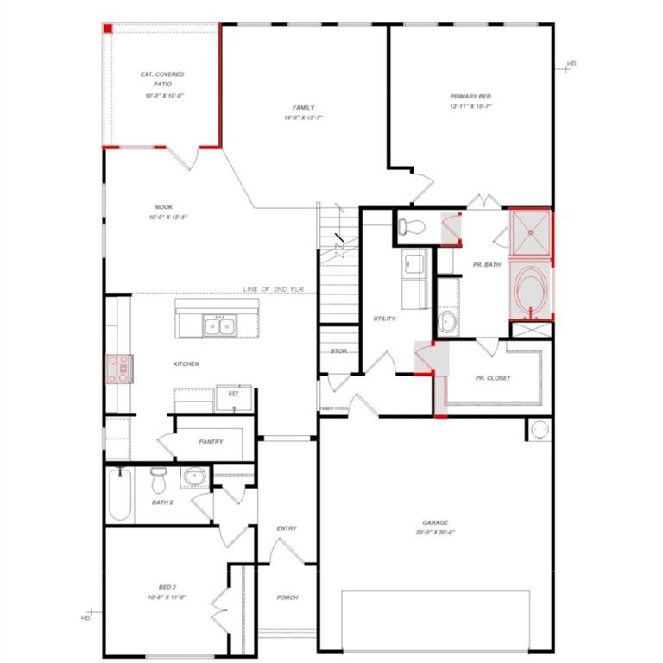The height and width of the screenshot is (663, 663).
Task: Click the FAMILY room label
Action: point(302,108)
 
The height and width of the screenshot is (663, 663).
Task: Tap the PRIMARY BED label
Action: point(470,97)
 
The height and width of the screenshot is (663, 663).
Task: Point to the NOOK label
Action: point(164,207)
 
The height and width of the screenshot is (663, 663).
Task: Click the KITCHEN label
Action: point(186,364)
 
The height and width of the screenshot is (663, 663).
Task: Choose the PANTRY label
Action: point(211,442)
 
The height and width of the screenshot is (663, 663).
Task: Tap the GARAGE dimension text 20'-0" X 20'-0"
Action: point(435,533)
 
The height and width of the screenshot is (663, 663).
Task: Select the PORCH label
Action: point(287,597)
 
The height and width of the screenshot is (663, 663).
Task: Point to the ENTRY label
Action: point(287,528)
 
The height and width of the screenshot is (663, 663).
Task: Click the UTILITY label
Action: point(384,319)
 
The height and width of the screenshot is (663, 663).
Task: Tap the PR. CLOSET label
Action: point(493,378)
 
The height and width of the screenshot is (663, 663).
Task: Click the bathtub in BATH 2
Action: point(120,495)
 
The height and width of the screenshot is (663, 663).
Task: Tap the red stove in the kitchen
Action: point(117,369)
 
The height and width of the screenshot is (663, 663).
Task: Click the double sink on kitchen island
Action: point(220,325)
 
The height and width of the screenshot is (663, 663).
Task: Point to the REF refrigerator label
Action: point(233,394)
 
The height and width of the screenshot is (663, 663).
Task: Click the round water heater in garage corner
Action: point(539,429)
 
